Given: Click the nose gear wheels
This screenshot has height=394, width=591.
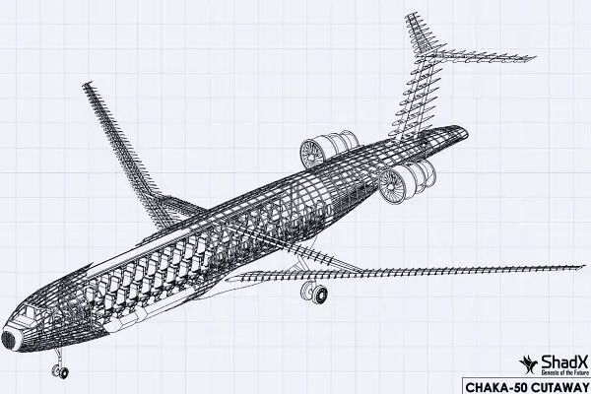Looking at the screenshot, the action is (x=60, y=371).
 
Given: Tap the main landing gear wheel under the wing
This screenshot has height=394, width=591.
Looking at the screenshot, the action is (x=314, y=293).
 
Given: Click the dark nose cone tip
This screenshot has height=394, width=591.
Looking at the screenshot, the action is (x=8, y=340).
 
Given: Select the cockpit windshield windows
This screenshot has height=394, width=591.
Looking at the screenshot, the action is (x=28, y=313).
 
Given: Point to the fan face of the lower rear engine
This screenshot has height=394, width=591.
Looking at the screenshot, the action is (x=392, y=185).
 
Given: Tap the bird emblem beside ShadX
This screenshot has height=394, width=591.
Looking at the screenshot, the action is (x=529, y=364).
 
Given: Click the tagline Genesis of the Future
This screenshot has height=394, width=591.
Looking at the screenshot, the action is (x=564, y=372).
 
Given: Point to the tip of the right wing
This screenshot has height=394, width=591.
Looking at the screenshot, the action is (x=582, y=267).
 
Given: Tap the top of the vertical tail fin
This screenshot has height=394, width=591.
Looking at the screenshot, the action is (x=411, y=16).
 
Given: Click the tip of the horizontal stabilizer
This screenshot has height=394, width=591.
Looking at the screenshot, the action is (x=532, y=58).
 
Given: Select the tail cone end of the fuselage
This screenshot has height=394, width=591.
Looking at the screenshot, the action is (x=463, y=132).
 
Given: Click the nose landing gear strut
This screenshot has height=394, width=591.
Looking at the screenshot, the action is (x=58, y=358).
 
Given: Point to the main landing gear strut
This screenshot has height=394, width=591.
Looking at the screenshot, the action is (x=302, y=266).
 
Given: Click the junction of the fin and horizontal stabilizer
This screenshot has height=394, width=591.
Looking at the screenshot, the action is (x=424, y=56).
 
